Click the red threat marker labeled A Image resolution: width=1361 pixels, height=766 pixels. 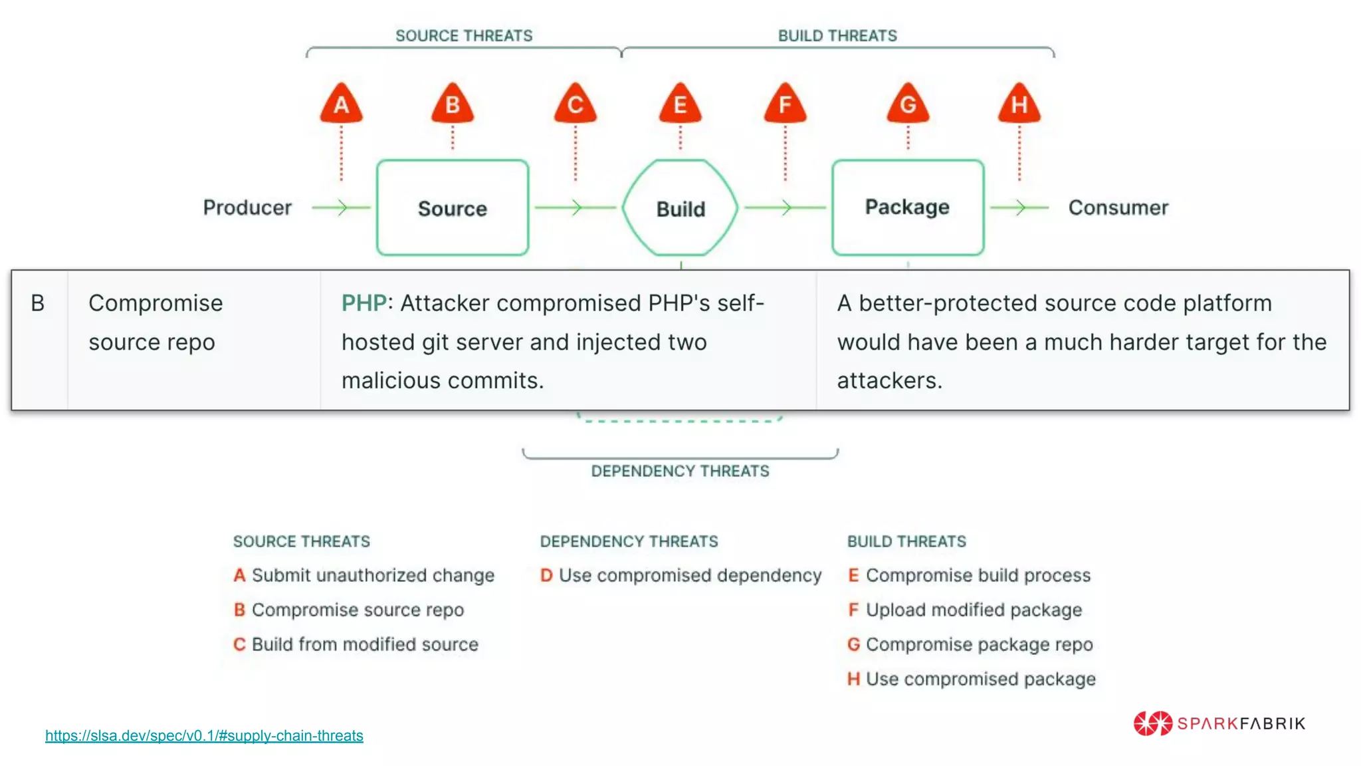(341, 104)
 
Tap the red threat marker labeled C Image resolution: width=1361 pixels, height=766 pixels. (576, 104)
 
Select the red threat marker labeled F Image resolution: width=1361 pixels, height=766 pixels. (785, 104)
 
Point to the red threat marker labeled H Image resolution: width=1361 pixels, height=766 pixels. (1019, 104)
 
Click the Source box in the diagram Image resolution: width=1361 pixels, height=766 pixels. (453, 207)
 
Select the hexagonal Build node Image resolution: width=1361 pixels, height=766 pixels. (680, 208)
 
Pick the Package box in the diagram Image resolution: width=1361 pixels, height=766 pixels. (908, 207)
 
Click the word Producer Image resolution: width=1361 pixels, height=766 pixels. (247, 207)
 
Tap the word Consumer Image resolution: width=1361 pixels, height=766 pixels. (1118, 207)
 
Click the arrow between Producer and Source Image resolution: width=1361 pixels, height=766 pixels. (341, 207)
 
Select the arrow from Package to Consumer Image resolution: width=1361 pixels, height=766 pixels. (1019, 207)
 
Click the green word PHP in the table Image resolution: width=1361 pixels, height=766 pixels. (364, 303)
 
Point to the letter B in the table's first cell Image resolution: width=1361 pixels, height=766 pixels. (38, 303)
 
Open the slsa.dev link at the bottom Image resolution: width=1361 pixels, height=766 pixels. (204, 735)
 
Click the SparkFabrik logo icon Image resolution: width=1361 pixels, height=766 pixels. (1153, 723)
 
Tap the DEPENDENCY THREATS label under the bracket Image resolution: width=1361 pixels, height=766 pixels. (680, 471)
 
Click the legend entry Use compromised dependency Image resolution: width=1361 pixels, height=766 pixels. (689, 575)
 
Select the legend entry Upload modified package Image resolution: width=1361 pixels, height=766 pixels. (973, 610)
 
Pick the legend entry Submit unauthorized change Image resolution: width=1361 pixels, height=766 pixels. (372, 575)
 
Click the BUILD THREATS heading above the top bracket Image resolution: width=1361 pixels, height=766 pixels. (837, 36)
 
